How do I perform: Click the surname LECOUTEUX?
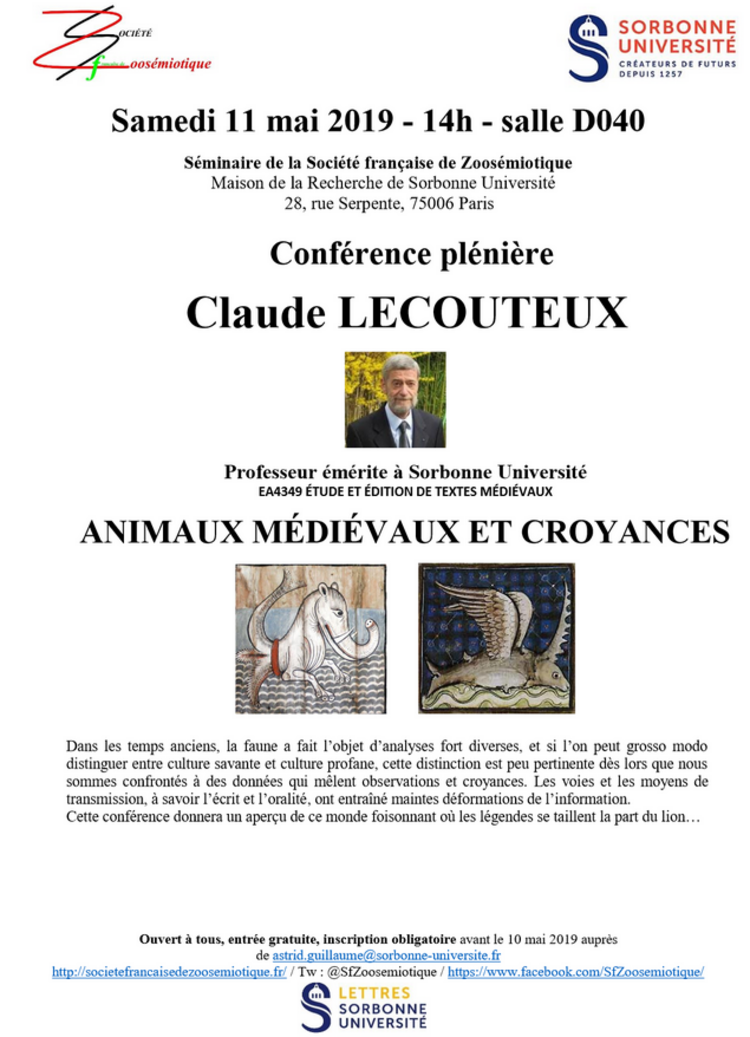[x=482, y=314]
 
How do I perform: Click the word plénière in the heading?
[x=496, y=254]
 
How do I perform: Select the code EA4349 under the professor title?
[x=280, y=492]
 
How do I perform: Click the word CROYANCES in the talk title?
[x=625, y=532]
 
